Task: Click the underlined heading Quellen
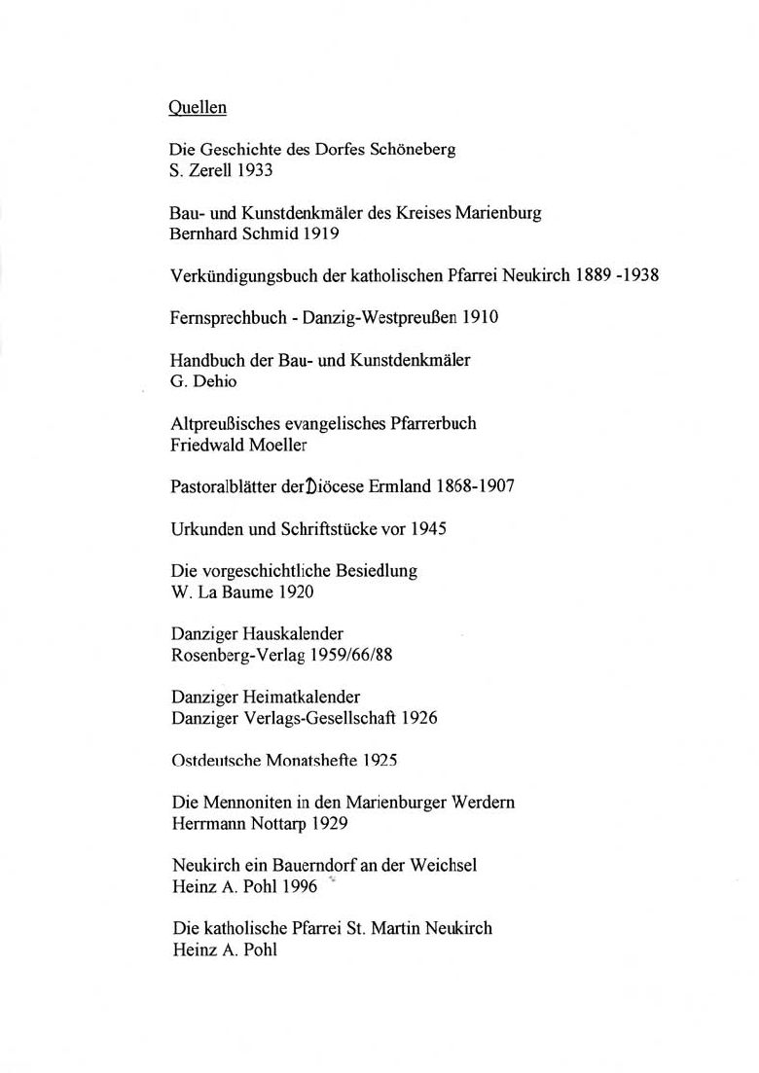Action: [198, 108]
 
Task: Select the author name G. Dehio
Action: [202, 380]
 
